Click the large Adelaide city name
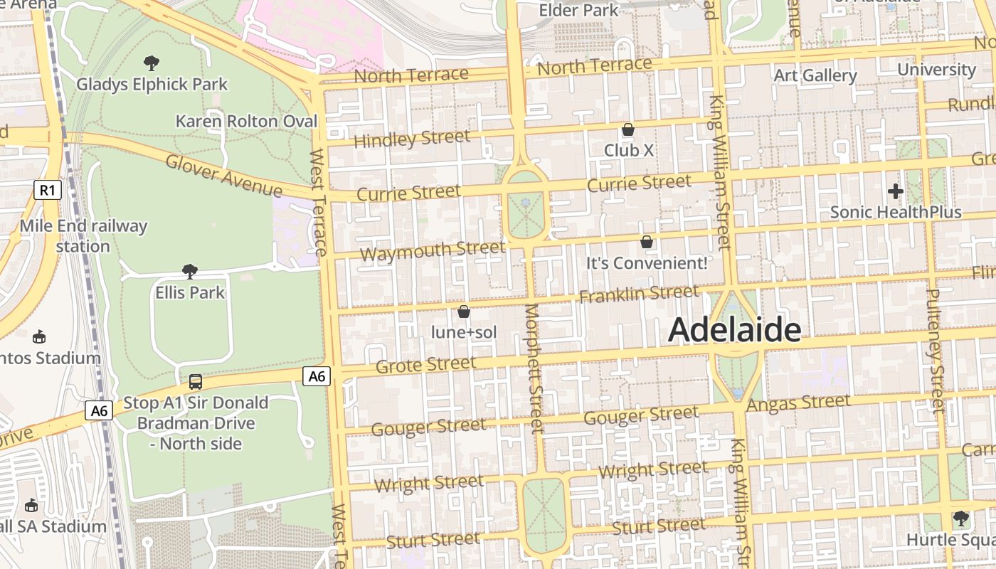pos(735,330)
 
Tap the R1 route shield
pos(47,190)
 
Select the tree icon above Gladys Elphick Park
pos(151,63)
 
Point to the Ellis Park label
pos(190,292)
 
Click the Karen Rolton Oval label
pos(246,121)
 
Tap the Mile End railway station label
pos(83,236)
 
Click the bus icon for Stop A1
pos(196,382)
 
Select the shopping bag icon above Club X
pos(628,129)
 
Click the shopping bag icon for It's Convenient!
pos(647,242)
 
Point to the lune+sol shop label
pos(464,332)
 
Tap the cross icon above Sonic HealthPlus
pos(896,191)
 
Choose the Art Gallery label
pos(815,75)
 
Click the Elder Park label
pos(579,10)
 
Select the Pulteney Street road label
pos(936,350)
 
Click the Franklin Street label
pos(639,294)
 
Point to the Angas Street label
pos(798,403)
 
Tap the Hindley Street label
pos(412,139)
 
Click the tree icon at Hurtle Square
pos(961,518)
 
